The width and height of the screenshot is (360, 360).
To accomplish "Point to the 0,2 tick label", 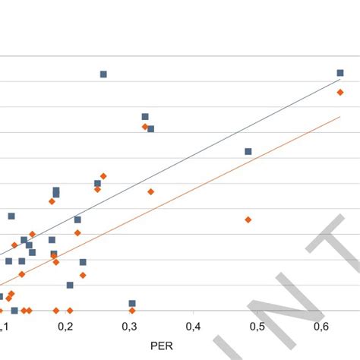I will point(68,326).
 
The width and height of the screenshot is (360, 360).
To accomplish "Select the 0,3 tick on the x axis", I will point(131,326).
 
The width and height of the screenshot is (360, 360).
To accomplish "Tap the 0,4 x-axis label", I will point(194,326).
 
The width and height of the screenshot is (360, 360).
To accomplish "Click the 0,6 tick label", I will point(321,326).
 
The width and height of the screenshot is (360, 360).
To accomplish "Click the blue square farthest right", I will point(340,73).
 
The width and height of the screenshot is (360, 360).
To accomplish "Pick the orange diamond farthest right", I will point(340,92).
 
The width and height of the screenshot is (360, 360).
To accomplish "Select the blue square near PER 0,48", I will point(248,151).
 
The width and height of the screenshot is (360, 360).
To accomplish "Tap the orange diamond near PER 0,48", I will point(248,219).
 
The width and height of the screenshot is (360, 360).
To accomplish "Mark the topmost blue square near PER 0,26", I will point(103,74).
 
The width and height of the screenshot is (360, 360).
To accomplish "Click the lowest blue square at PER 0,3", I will point(132,303).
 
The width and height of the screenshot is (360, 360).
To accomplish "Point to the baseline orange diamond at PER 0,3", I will point(132,311).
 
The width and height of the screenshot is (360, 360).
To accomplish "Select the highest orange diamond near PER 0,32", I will point(145,127).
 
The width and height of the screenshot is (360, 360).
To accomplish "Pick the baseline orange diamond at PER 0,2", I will point(70,311).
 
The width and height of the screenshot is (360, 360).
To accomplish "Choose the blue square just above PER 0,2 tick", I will point(70,285).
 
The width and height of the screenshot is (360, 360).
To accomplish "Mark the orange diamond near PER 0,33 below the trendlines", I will point(150,191).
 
